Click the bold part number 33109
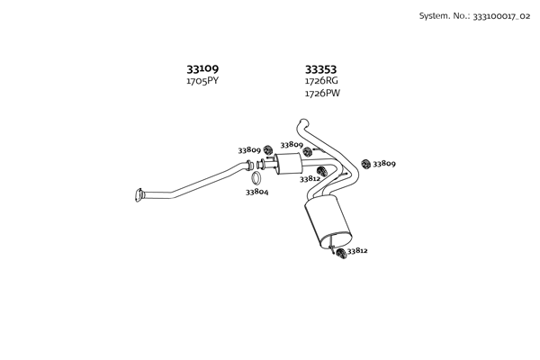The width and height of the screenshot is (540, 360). click(202, 69)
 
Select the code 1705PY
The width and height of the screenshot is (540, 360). click(202, 81)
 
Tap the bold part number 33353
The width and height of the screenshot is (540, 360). click(320, 69)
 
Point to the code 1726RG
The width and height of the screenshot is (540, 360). click(321, 81)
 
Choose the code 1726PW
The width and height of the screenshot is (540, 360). click(322, 94)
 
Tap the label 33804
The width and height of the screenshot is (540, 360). click(256, 192)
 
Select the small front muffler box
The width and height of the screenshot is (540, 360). click(289, 163)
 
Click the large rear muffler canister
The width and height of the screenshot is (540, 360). click(328, 221)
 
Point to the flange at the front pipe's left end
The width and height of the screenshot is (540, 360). click(139, 195)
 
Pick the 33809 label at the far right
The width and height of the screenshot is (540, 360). click(384, 164)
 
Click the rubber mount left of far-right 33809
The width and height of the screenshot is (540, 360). click(365, 164)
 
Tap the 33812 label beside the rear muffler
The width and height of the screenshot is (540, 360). click(357, 251)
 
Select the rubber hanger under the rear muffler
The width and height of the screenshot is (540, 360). click(341, 254)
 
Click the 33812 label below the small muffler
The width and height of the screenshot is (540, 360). click(310, 179)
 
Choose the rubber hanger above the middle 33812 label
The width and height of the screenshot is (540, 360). click(321, 171)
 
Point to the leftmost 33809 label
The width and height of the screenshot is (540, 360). click(249, 150)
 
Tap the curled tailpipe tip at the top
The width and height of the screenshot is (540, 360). click(303, 122)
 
